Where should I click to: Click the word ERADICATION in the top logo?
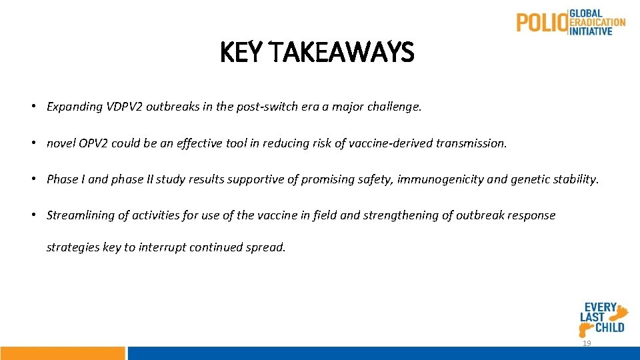click(597, 22)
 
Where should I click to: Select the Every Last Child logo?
click(604, 317)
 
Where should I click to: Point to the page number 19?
click(587, 343)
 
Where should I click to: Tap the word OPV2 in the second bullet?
click(93, 143)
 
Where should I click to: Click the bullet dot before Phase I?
click(33, 179)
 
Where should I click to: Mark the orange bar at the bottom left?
click(62, 353)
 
